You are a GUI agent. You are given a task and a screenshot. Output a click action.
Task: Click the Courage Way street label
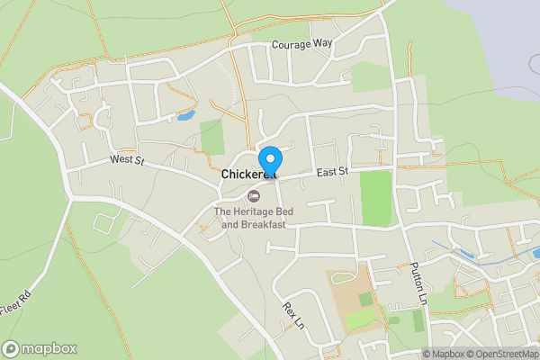302,47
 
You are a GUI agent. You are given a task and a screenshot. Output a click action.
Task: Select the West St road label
127,159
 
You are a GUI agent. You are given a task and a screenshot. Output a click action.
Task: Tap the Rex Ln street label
291,314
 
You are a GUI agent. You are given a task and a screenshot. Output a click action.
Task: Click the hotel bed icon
254,195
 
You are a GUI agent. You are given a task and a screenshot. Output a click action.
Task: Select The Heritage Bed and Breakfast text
249,218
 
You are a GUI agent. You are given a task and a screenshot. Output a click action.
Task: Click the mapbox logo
40,348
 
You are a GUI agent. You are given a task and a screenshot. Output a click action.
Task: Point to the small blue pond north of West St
185,116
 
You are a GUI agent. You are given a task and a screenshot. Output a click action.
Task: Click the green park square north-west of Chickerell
212,137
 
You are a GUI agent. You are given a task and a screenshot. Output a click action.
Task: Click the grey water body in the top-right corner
504,36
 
